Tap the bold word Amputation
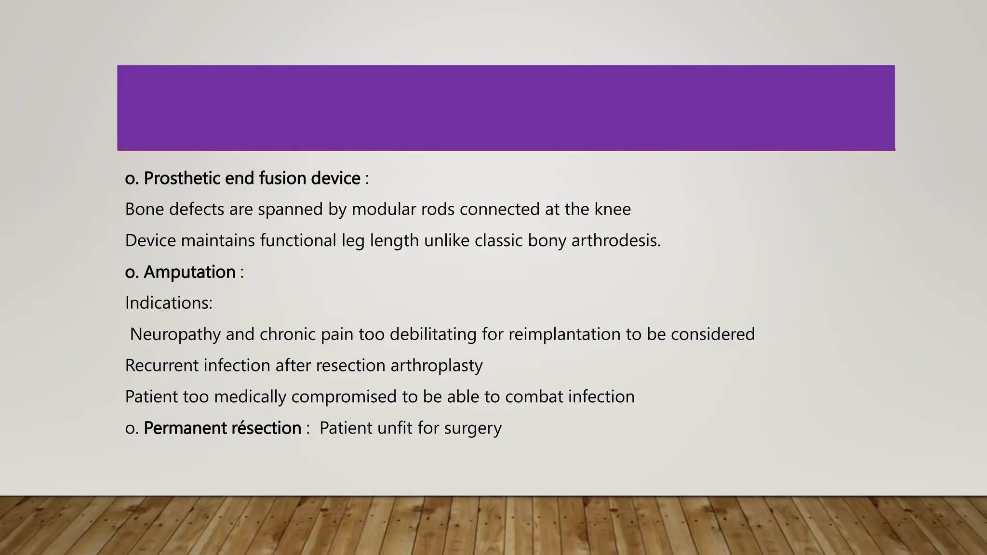coord(189,272)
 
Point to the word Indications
coord(168,303)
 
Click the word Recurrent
coord(161,366)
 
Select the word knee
coord(612,210)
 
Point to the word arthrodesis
coord(615,240)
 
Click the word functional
coord(298,240)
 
